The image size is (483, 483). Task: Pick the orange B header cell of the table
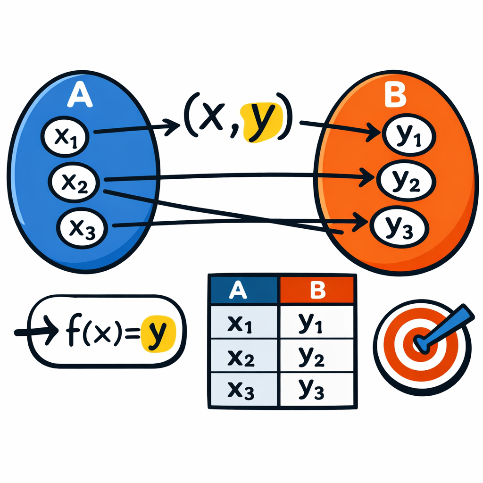pyautogui.click(x=317, y=290)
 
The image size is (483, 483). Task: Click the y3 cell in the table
pyautogui.click(x=317, y=390)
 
